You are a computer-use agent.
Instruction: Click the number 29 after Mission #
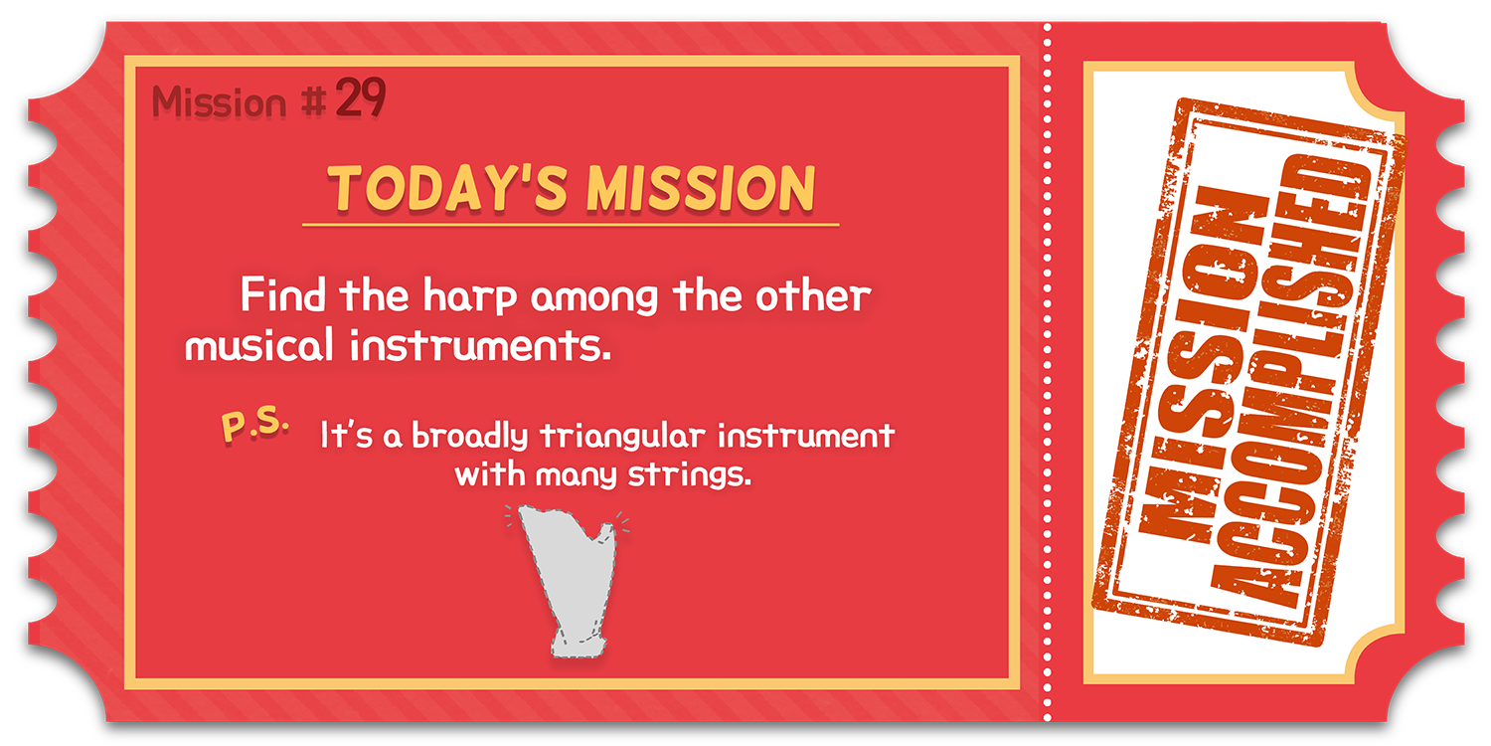pyautogui.click(x=360, y=97)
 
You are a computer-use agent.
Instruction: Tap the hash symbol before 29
pyautogui.click(x=313, y=101)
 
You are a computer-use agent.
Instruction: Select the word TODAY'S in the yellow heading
pyautogui.click(x=447, y=189)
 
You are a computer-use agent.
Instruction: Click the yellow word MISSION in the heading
pyautogui.click(x=701, y=189)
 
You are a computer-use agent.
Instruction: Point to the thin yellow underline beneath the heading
pyautogui.click(x=571, y=225)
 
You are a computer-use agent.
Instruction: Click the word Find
pyautogui.click(x=283, y=294)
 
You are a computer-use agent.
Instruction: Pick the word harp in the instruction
pyautogui.click(x=470, y=296)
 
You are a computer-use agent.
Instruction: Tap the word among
pyautogui.click(x=594, y=299)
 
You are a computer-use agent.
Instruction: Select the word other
pyautogui.click(x=813, y=295)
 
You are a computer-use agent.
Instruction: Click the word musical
pyautogui.click(x=258, y=345)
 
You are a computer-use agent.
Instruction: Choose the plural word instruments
pyautogui.click(x=480, y=345)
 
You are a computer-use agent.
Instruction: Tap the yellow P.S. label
pyautogui.click(x=254, y=424)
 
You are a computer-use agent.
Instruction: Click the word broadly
pyautogui.click(x=470, y=437)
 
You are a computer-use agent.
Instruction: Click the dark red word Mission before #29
pyautogui.click(x=219, y=102)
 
